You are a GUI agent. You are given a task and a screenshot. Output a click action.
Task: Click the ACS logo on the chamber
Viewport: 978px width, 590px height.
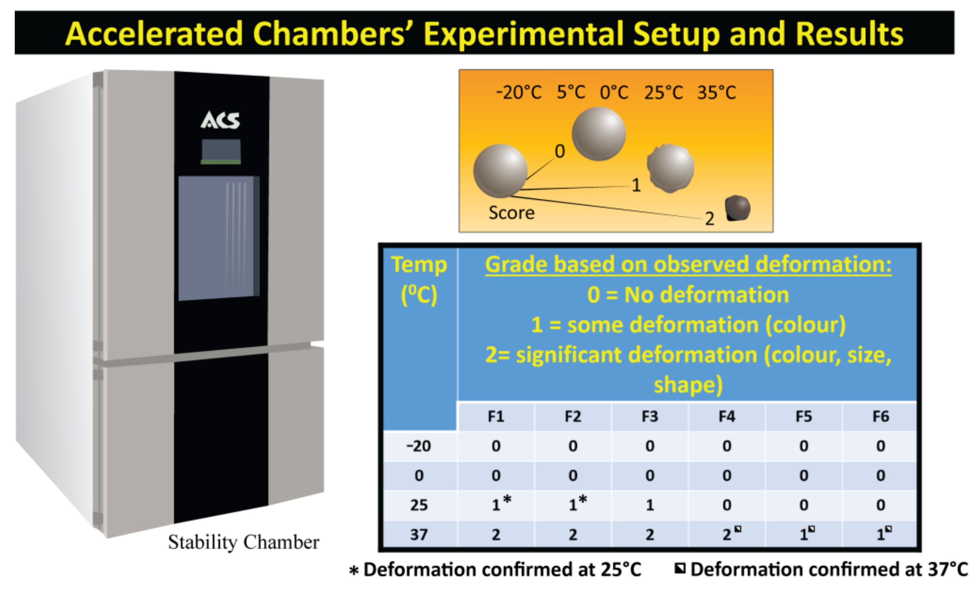pos(220,120)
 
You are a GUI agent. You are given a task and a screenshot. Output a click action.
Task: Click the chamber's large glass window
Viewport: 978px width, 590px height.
pos(218,238)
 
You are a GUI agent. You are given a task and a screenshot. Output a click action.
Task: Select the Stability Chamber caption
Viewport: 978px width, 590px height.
pos(243,542)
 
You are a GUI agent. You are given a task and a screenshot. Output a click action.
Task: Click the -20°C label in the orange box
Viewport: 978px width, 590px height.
pos(519,93)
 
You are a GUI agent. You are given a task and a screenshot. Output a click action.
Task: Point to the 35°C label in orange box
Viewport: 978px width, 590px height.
pos(717,93)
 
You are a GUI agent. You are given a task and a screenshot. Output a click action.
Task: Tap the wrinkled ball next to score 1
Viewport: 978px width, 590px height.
pos(671,168)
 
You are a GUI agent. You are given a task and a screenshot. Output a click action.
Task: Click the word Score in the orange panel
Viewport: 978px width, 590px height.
pos(511,213)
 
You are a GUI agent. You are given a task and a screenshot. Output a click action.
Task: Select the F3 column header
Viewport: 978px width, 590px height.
pos(650,417)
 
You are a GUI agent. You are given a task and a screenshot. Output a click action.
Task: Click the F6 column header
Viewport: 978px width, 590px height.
pos(880,417)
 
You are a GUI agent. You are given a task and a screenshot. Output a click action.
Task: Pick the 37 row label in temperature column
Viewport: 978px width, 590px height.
pos(419,534)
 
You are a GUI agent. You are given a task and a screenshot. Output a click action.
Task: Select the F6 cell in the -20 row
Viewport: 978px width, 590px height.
pos(880,446)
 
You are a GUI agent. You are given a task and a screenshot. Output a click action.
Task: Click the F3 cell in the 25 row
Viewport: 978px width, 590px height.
pos(650,505)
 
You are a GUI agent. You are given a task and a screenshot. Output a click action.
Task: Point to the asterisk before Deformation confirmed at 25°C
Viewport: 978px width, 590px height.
pos(354,571)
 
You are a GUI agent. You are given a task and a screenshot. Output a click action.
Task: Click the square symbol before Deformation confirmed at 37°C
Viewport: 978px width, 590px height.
pos(680,569)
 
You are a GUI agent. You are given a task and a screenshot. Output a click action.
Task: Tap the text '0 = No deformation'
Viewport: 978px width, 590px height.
pos(688,295)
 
